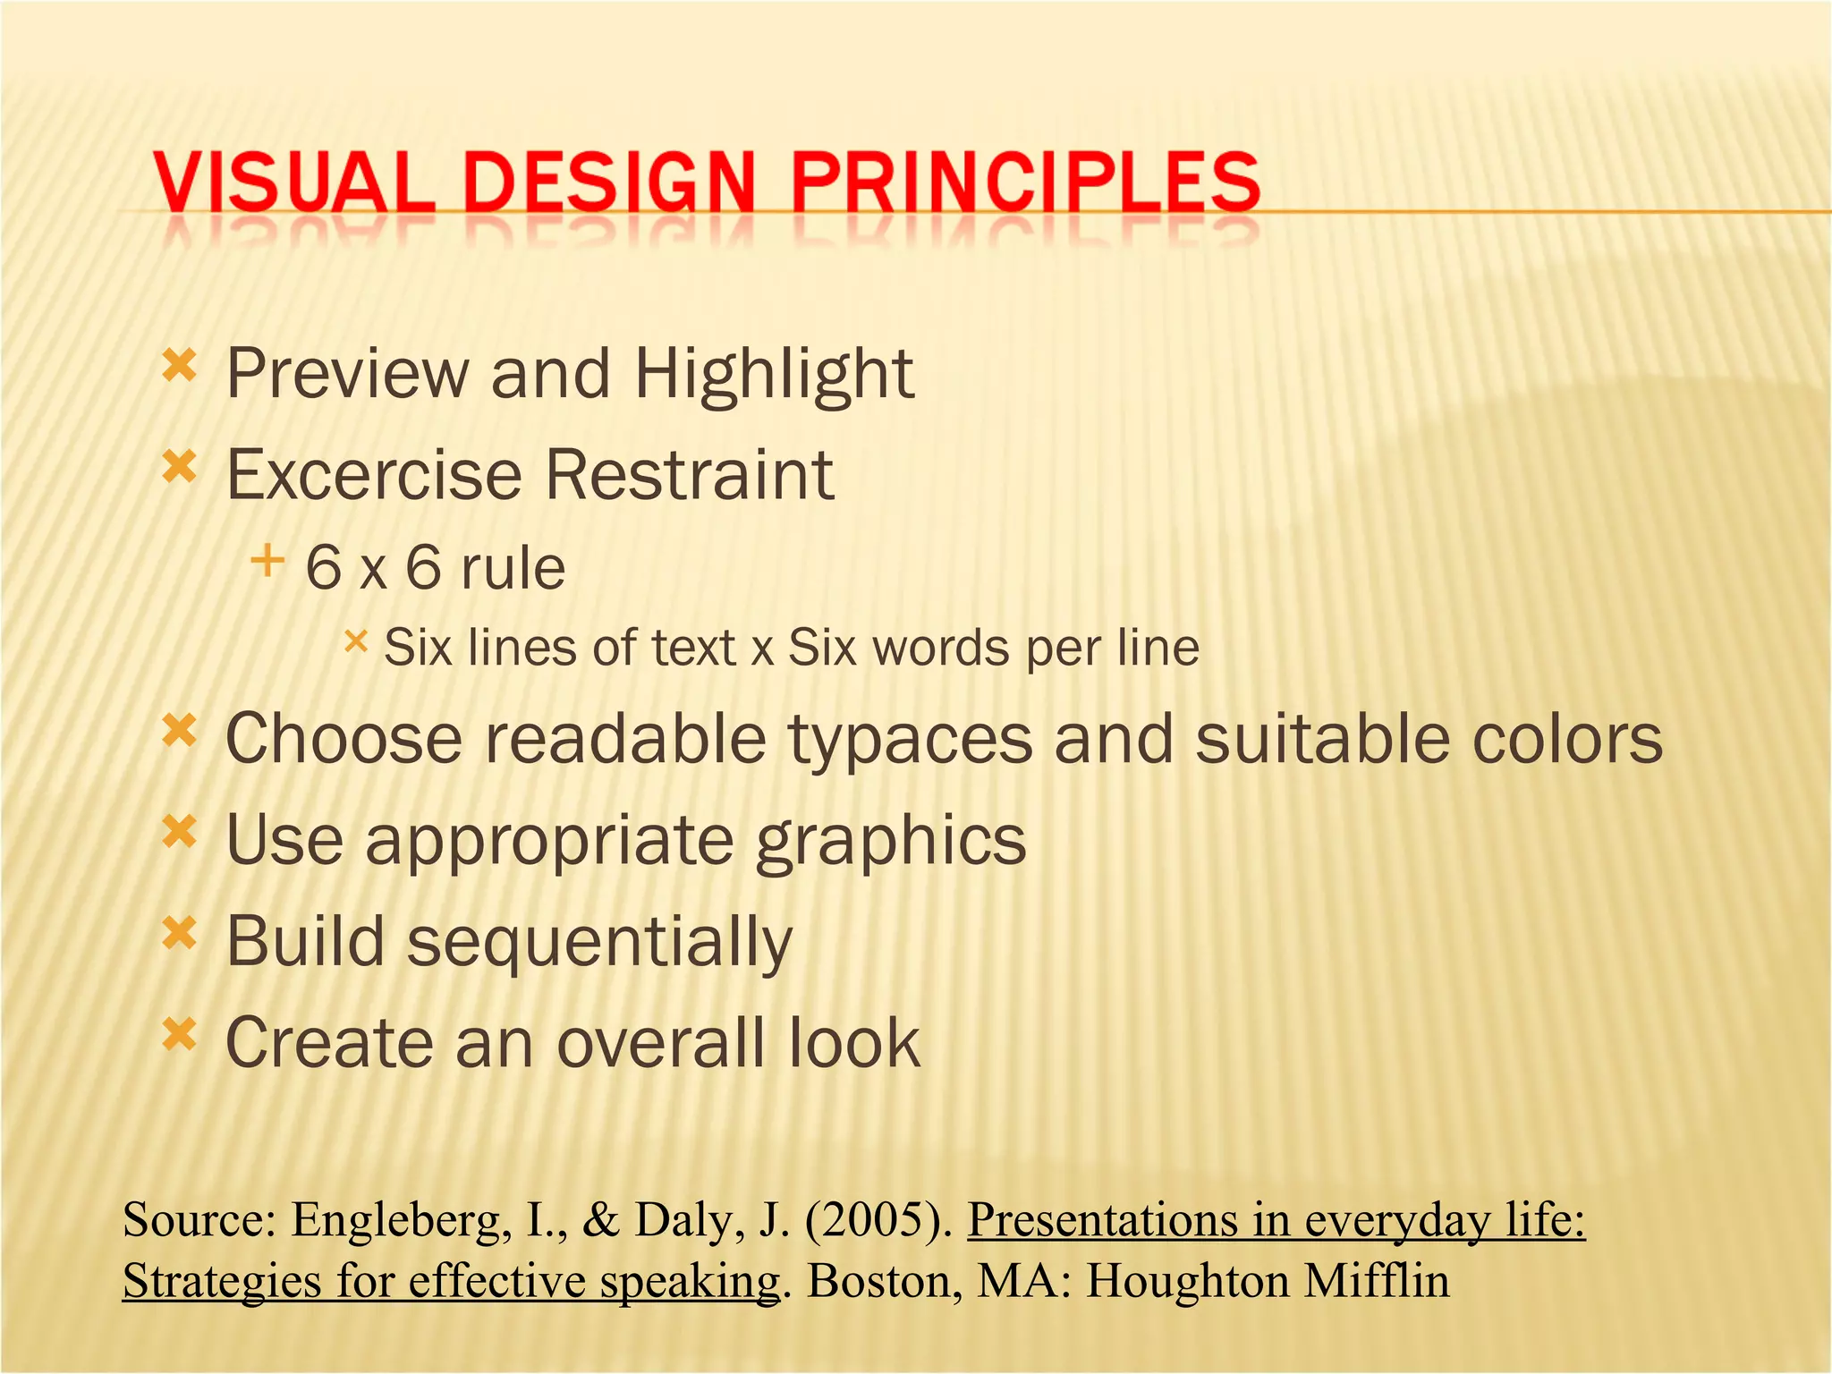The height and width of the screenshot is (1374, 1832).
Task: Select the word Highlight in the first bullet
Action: [774, 374]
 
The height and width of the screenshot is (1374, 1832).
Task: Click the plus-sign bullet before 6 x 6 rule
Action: [267, 562]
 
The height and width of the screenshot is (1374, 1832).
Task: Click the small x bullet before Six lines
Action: [355, 640]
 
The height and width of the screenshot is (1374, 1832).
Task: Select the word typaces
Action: [910, 741]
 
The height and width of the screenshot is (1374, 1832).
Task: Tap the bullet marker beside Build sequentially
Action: [179, 934]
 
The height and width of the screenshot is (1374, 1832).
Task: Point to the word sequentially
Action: [599, 943]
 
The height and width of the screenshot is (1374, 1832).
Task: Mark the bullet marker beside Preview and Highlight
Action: [179, 365]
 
